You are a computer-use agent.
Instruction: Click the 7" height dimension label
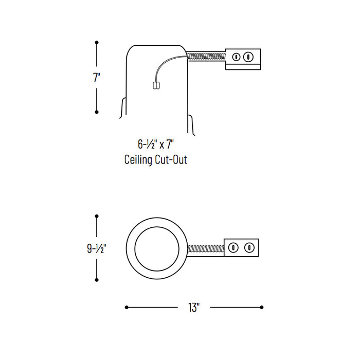(x=97, y=78)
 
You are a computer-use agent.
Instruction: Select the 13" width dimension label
(x=194, y=308)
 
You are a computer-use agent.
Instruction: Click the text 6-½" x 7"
(x=156, y=145)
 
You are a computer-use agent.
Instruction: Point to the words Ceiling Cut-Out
(x=156, y=159)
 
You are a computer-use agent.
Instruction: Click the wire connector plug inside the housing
(x=156, y=86)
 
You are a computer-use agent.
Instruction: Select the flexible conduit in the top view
(x=206, y=248)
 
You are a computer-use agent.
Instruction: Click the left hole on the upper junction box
(x=237, y=57)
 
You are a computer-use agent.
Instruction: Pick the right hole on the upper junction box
(x=249, y=57)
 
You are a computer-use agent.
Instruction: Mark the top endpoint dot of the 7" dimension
(x=97, y=43)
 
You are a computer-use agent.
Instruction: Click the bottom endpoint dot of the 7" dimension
(x=97, y=112)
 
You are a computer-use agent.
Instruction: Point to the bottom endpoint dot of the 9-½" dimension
(x=97, y=280)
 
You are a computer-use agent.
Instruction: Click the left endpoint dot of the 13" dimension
(x=127, y=308)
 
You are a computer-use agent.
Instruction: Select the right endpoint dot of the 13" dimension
(x=262, y=308)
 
